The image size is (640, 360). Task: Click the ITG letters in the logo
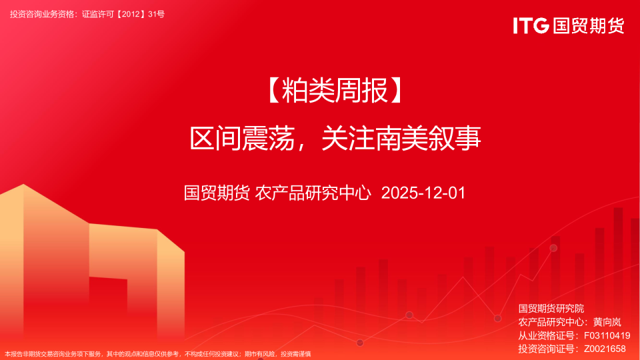tap(531, 25)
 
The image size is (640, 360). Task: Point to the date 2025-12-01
tap(422, 193)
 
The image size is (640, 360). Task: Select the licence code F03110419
tap(607, 335)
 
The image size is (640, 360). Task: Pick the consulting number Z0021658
tap(605, 349)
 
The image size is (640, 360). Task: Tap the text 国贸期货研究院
tap(551, 309)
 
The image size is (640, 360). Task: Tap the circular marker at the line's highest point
tap(553, 248)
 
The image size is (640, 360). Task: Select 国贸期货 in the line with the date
tap(217, 193)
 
